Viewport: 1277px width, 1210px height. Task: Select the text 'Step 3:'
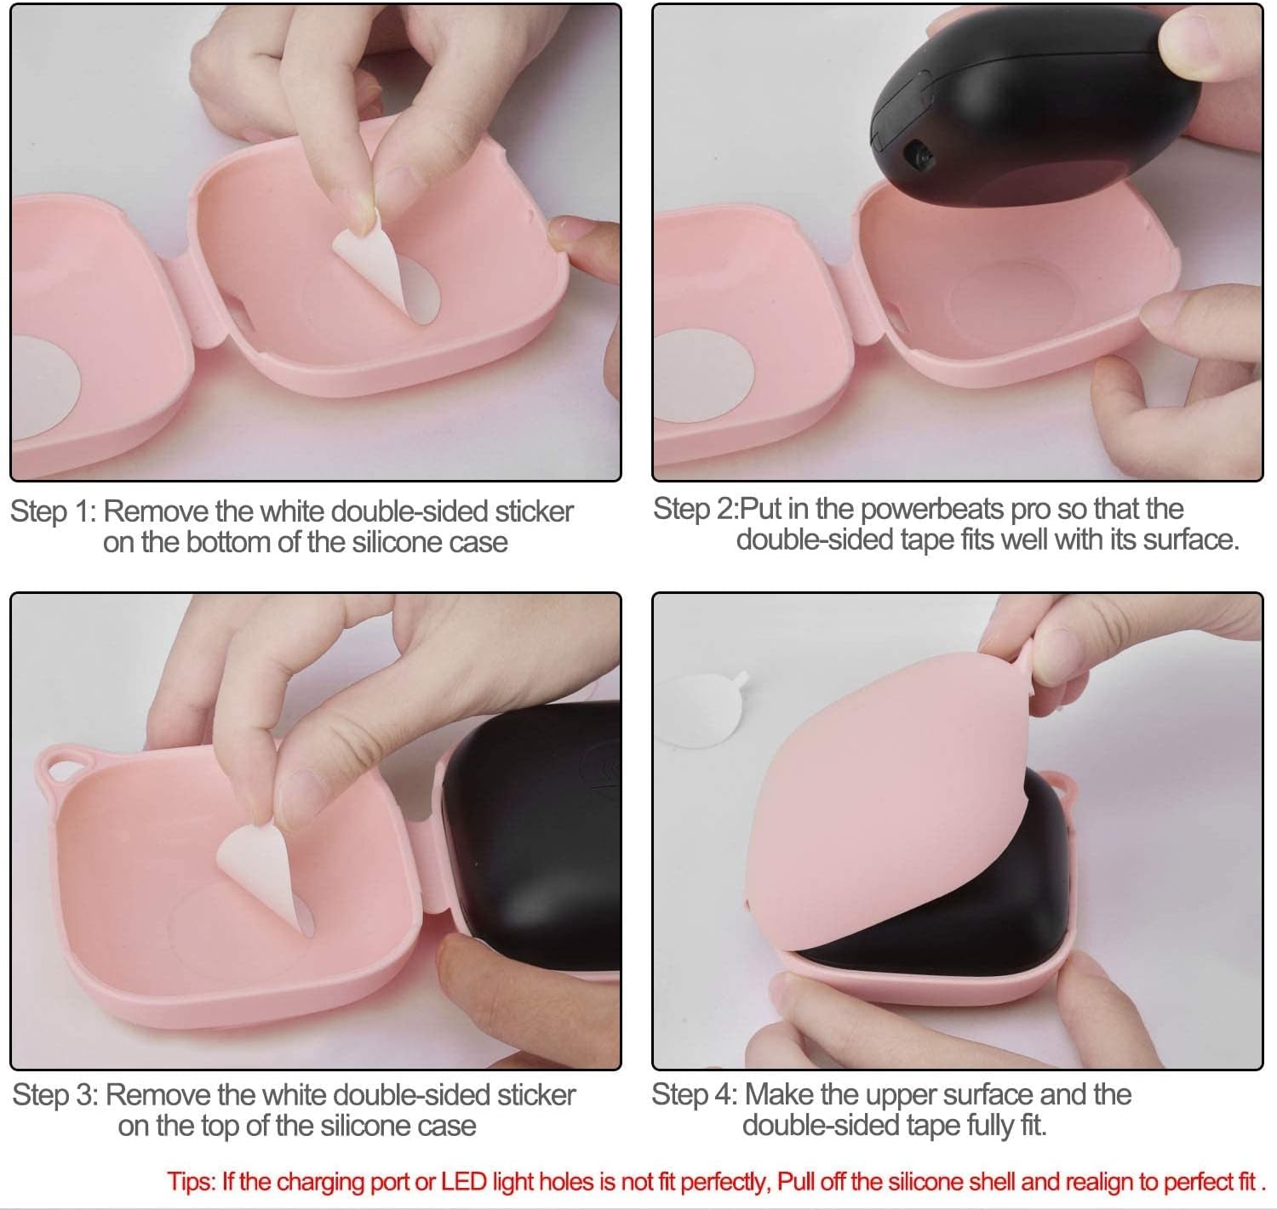click(55, 1095)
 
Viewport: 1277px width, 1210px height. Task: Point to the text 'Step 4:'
click(695, 1094)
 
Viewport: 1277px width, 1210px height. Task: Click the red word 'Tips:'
click(192, 1181)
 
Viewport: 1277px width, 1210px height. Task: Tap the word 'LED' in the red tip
click(464, 1181)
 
